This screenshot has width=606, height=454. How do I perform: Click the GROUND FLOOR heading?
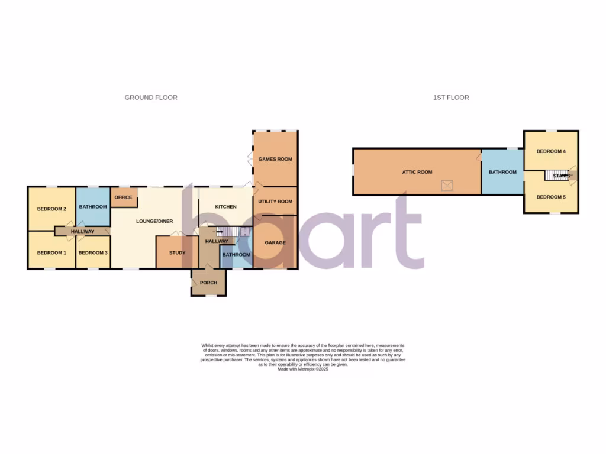click(151, 98)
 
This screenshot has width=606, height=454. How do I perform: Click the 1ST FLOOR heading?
click(451, 98)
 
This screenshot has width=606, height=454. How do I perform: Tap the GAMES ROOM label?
click(275, 159)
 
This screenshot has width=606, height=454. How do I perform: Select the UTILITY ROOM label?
click(275, 202)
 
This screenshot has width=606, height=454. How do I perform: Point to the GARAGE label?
click(275, 242)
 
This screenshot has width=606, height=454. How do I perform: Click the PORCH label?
click(208, 283)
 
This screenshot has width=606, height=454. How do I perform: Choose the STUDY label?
click(177, 253)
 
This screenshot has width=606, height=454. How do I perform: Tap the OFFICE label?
click(123, 197)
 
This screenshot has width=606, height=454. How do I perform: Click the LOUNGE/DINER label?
click(154, 221)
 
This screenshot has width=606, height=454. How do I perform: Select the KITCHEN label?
click(225, 207)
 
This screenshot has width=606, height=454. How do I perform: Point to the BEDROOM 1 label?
click(51, 253)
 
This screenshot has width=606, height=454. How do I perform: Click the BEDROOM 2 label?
click(51, 209)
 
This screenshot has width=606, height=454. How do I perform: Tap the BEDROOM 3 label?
click(93, 253)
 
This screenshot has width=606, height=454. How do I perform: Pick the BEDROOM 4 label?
click(551, 151)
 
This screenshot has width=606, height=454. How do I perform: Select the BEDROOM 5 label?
click(551, 197)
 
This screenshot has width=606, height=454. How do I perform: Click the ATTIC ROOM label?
click(417, 172)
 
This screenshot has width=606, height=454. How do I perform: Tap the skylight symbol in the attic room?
click(448, 186)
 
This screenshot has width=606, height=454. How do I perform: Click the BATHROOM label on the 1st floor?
click(502, 172)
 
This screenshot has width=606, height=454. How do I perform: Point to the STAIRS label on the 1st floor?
click(563, 176)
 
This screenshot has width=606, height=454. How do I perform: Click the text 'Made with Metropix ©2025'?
click(302, 369)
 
